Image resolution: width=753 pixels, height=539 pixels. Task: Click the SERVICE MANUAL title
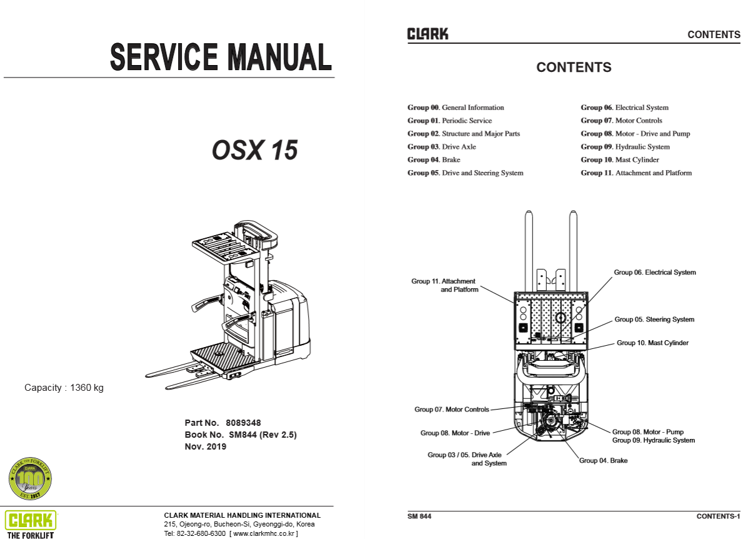221,57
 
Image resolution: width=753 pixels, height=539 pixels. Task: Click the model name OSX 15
254,151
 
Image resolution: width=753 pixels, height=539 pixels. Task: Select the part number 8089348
243,423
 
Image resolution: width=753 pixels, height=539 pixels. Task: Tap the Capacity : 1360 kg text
64,388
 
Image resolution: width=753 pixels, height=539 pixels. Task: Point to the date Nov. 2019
206,446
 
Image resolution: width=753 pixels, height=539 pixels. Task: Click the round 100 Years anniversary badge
30,479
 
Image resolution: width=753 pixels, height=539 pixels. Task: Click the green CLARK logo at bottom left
31,520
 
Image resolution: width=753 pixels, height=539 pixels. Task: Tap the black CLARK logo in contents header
427,34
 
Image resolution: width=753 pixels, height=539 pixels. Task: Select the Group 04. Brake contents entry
434,160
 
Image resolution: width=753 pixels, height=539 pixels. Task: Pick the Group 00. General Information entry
456,108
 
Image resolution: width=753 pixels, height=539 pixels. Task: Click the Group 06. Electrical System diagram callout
654,273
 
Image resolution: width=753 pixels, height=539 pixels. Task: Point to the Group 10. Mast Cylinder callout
652,343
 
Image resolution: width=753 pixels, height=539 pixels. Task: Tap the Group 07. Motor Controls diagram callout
452,410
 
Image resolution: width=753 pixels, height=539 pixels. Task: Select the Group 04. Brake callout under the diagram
603,461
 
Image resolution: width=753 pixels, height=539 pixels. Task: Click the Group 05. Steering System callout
654,320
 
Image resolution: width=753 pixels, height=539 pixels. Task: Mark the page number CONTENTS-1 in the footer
718,516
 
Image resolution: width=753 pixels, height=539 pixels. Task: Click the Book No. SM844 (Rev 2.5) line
241,435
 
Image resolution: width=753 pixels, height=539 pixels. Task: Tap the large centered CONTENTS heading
574,68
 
